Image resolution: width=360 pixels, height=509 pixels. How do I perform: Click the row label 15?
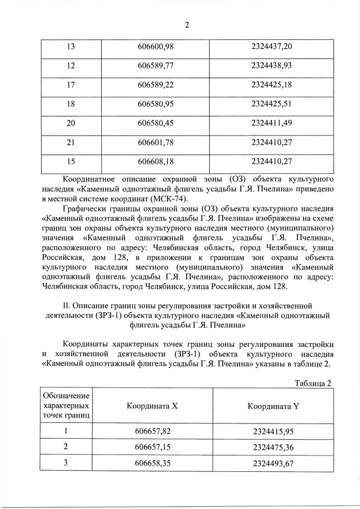coord(71,163)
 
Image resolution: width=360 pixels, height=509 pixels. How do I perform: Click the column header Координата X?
coord(152,406)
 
